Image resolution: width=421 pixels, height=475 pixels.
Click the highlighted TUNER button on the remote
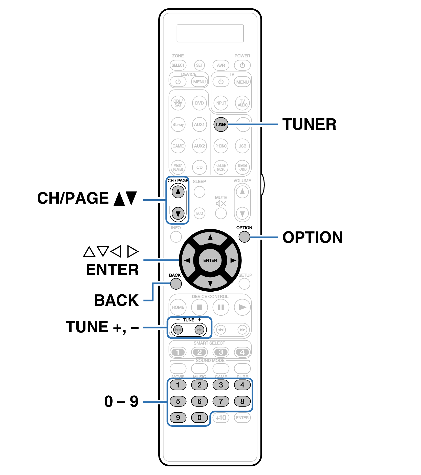pyautogui.click(x=221, y=124)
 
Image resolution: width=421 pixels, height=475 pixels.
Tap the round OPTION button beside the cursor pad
pyautogui.click(x=244, y=237)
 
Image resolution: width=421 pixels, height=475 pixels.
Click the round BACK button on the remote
pyautogui.click(x=176, y=284)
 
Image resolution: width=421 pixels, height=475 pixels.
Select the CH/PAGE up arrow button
pyautogui.click(x=178, y=192)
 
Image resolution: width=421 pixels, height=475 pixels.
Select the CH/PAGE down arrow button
pyautogui.click(x=178, y=213)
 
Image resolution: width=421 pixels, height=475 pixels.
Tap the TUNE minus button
pyautogui.click(x=178, y=330)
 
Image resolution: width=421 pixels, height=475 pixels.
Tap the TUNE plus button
pyautogui.click(x=200, y=330)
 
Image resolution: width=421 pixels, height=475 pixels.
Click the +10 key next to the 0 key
pyautogui.click(x=221, y=418)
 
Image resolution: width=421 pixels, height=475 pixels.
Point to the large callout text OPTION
pyautogui.click(x=313, y=237)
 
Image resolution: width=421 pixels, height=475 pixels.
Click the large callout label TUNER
pyautogui.click(x=309, y=124)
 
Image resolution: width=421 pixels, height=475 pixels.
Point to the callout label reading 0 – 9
pyautogui.click(x=121, y=401)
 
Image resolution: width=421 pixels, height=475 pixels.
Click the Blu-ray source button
pyautogui.click(x=178, y=124)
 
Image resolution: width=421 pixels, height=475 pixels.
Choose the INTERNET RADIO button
pyautogui.click(x=242, y=167)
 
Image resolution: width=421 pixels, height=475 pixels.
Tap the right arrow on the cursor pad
pyautogui.click(x=233, y=260)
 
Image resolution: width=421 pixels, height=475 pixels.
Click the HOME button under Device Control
pyautogui.click(x=178, y=307)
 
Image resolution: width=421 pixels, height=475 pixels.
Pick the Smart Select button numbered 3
pyautogui.click(x=221, y=352)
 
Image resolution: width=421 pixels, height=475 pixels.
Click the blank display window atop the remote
pyautogui.click(x=210, y=33)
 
